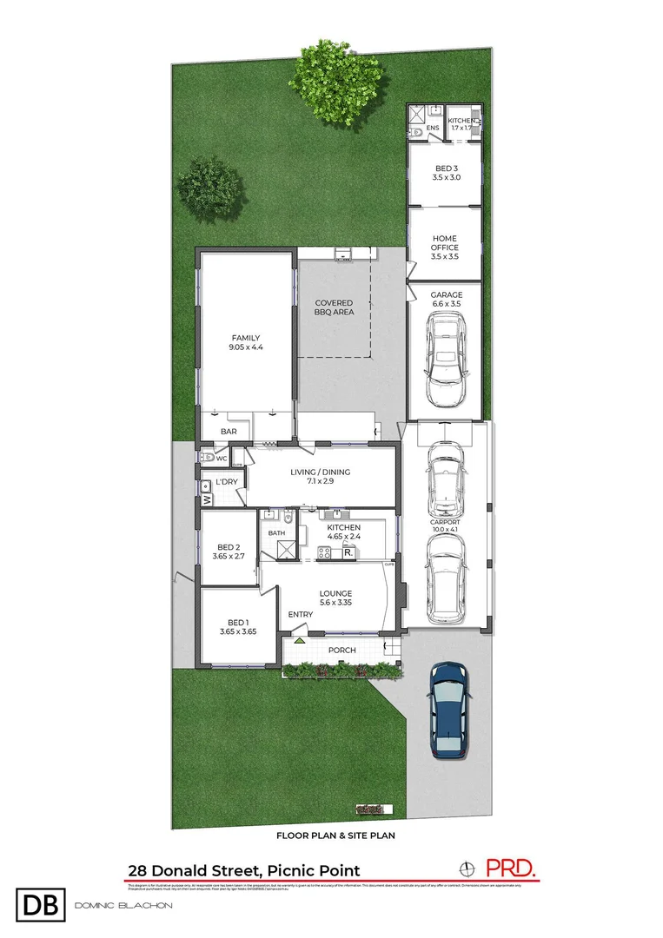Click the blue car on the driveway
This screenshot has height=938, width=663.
click(449, 710)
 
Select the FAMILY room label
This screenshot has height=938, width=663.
click(246, 339)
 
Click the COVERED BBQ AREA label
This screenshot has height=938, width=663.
click(335, 307)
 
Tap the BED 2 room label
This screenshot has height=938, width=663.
click(228, 547)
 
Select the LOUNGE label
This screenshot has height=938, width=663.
click(335, 594)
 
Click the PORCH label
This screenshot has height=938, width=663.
click(341, 650)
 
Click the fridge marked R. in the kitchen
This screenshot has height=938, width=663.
click(348, 552)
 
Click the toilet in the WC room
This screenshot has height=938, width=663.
click(208, 456)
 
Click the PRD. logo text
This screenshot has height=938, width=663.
click(510, 867)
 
